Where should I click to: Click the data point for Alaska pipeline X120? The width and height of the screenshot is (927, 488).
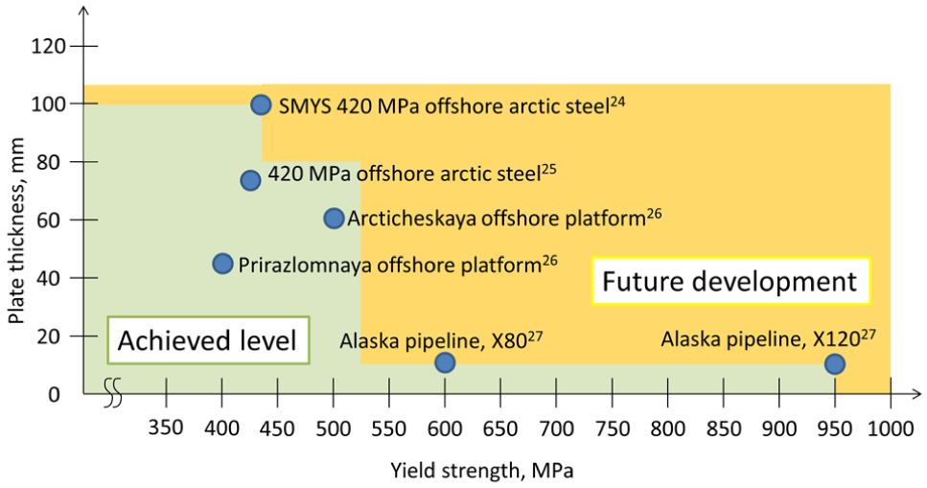pos(834,363)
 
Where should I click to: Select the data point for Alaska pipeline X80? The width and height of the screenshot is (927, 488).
pos(445,362)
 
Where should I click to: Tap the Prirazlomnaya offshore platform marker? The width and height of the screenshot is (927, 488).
pos(222,264)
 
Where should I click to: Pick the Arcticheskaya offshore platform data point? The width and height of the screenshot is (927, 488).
pos(334,219)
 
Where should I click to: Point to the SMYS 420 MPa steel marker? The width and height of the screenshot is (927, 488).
pos(261,105)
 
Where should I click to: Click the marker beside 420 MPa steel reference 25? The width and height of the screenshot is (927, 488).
pos(250,180)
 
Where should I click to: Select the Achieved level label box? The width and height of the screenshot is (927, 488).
pos(208,340)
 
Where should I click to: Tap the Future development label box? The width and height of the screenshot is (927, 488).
pos(731,281)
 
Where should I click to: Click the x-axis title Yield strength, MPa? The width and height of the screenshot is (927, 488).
pos(482,470)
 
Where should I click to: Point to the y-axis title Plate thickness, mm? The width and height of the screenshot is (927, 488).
pos(16,231)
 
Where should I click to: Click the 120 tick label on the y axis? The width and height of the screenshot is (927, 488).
pos(49,46)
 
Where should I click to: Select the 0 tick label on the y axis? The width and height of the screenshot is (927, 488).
pos(54,394)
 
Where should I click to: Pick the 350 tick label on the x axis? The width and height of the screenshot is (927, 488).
pos(166,427)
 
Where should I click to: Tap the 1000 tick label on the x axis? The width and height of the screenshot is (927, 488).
pos(891,428)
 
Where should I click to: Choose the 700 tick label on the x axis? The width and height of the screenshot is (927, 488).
pos(556,428)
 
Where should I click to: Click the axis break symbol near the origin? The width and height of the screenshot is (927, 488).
pos(113,393)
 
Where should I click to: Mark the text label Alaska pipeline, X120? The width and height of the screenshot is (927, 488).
pos(769,338)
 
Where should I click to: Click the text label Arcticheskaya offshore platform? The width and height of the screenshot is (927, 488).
pos(504,218)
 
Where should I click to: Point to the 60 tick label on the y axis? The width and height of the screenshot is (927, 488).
pos(49,220)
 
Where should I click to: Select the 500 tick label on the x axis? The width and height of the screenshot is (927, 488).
pos(334,428)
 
